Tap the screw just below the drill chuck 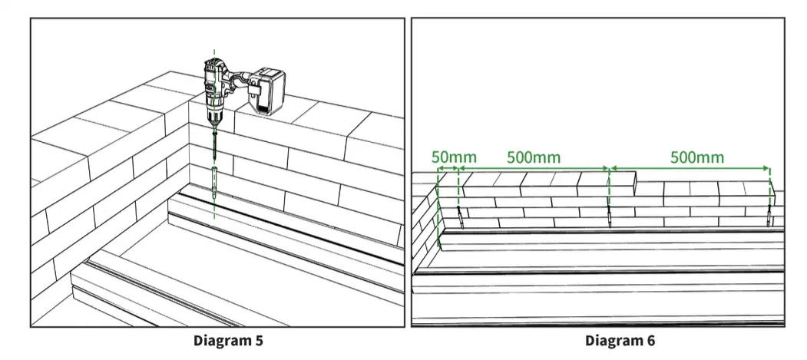point(214,146)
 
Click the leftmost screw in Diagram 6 point(460,216)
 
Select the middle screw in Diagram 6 point(609,216)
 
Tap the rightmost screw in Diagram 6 point(769,216)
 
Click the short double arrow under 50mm point(448,168)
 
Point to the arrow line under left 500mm point(534,168)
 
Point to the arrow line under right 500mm point(690,168)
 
